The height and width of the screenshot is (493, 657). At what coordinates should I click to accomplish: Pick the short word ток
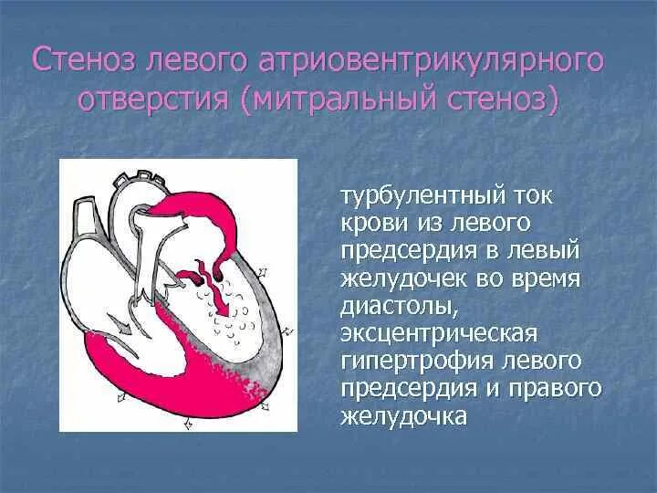click(534, 196)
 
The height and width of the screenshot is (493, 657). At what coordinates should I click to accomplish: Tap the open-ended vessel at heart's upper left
click(84, 219)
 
